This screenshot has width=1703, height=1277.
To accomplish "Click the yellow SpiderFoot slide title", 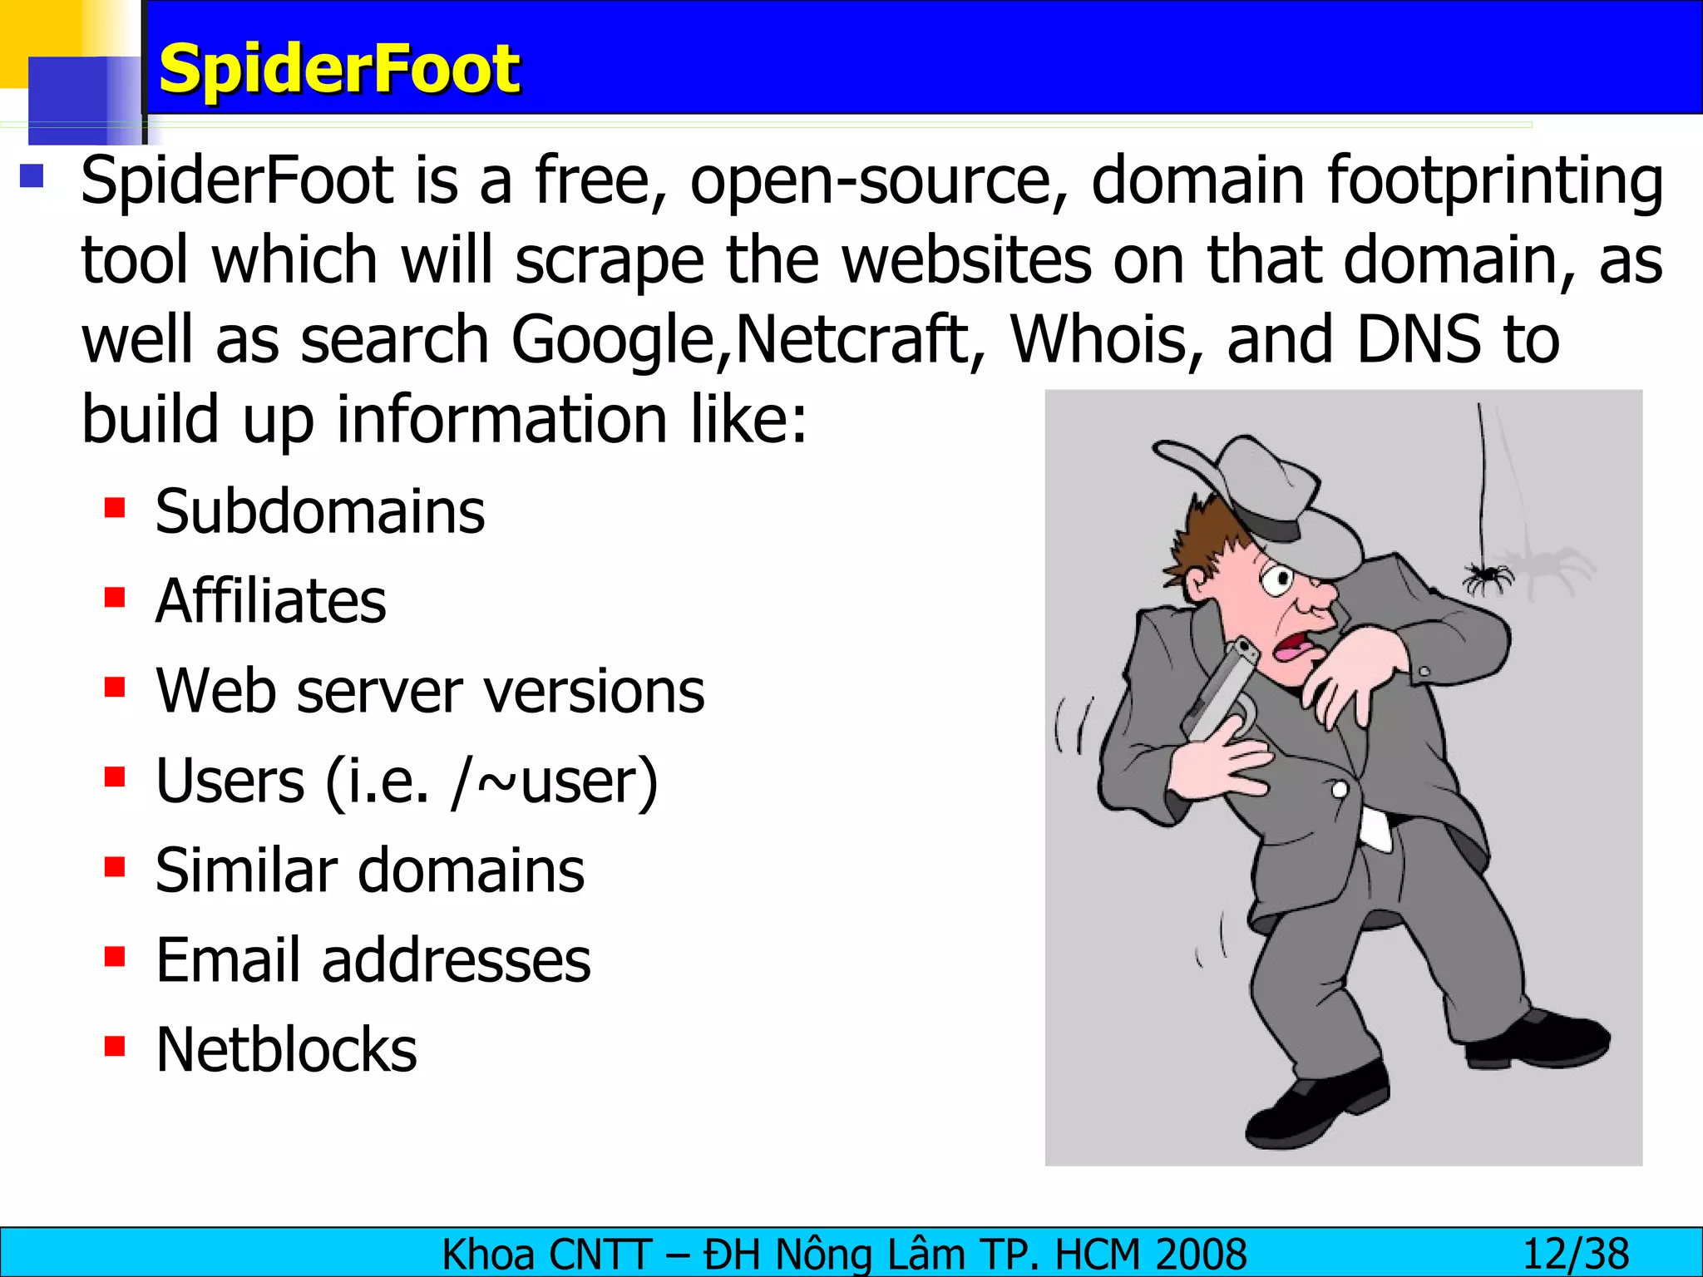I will tap(339, 69).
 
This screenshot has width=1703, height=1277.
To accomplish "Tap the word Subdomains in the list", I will tap(319, 511).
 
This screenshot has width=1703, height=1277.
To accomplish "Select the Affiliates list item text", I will tap(270, 600).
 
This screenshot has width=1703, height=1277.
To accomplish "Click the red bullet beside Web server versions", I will tap(115, 688).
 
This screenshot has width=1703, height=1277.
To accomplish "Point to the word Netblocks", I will tap(286, 1050).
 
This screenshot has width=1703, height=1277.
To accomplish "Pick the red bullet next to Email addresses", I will tap(115, 957).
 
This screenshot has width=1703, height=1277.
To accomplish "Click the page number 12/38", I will tap(1575, 1254).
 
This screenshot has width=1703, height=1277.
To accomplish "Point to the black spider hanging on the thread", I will tap(1488, 575).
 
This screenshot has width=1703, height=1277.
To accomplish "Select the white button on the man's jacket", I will tap(1339, 789).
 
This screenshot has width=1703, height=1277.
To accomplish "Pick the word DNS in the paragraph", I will tap(1418, 339).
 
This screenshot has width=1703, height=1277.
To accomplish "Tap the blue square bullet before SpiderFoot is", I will tap(32, 175).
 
